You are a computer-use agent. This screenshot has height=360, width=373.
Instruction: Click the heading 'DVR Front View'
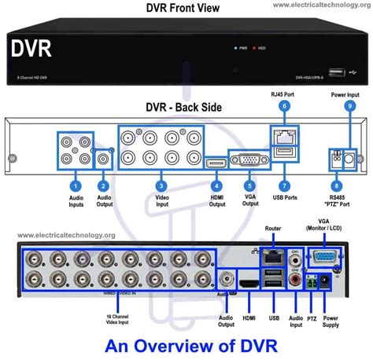(182, 8)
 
